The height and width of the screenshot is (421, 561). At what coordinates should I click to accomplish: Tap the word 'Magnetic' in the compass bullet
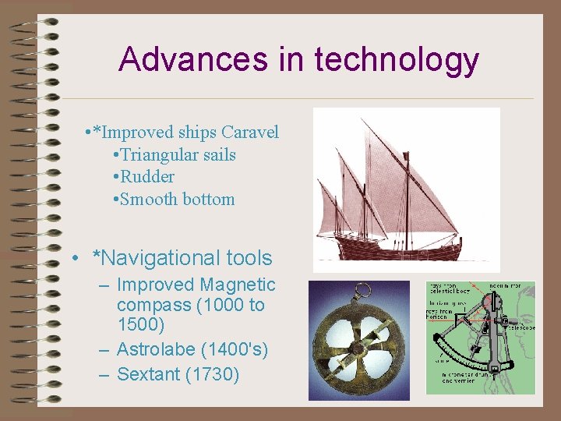click(x=238, y=285)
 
